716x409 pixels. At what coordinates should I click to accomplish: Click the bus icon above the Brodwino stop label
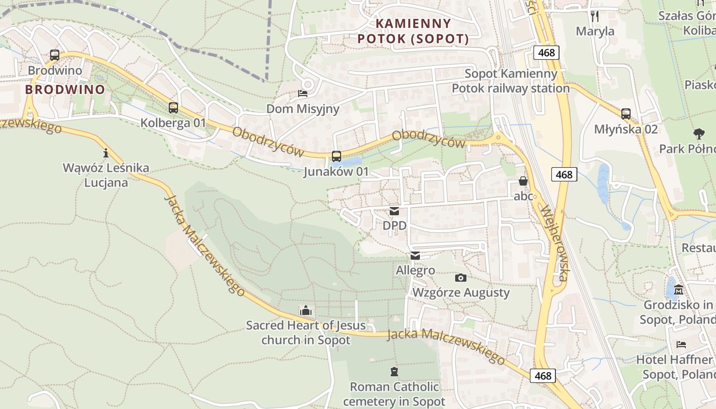[55, 55]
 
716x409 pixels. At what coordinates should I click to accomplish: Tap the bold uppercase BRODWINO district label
[65, 89]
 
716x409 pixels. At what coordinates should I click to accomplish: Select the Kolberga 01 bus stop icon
[173, 108]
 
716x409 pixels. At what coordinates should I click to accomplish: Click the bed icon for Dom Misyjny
[303, 94]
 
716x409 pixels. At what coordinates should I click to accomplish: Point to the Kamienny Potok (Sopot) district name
[413, 31]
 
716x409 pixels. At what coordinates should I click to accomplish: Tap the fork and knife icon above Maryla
[595, 16]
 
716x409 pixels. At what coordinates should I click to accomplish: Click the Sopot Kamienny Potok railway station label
[510, 81]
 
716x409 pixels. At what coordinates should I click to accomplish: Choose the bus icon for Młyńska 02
[626, 114]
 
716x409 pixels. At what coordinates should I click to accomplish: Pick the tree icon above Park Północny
[699, 134]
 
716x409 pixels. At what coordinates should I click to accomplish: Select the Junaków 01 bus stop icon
[336, 156]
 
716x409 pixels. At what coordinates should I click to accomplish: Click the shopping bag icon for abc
[523, 181]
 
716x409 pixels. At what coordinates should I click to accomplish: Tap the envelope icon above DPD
[394, 211]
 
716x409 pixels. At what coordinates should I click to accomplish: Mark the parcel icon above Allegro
[415, 256]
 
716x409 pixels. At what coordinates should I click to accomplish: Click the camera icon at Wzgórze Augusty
[461, 278]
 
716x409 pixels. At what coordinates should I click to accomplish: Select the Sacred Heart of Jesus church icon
[306, 310]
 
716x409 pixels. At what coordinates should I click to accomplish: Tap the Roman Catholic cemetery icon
[394, 371]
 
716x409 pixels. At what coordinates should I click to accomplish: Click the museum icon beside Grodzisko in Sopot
[679, 290]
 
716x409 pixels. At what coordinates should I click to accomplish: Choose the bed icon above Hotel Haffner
[681, 345]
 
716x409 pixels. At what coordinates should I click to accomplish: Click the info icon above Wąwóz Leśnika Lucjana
[106, 152]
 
